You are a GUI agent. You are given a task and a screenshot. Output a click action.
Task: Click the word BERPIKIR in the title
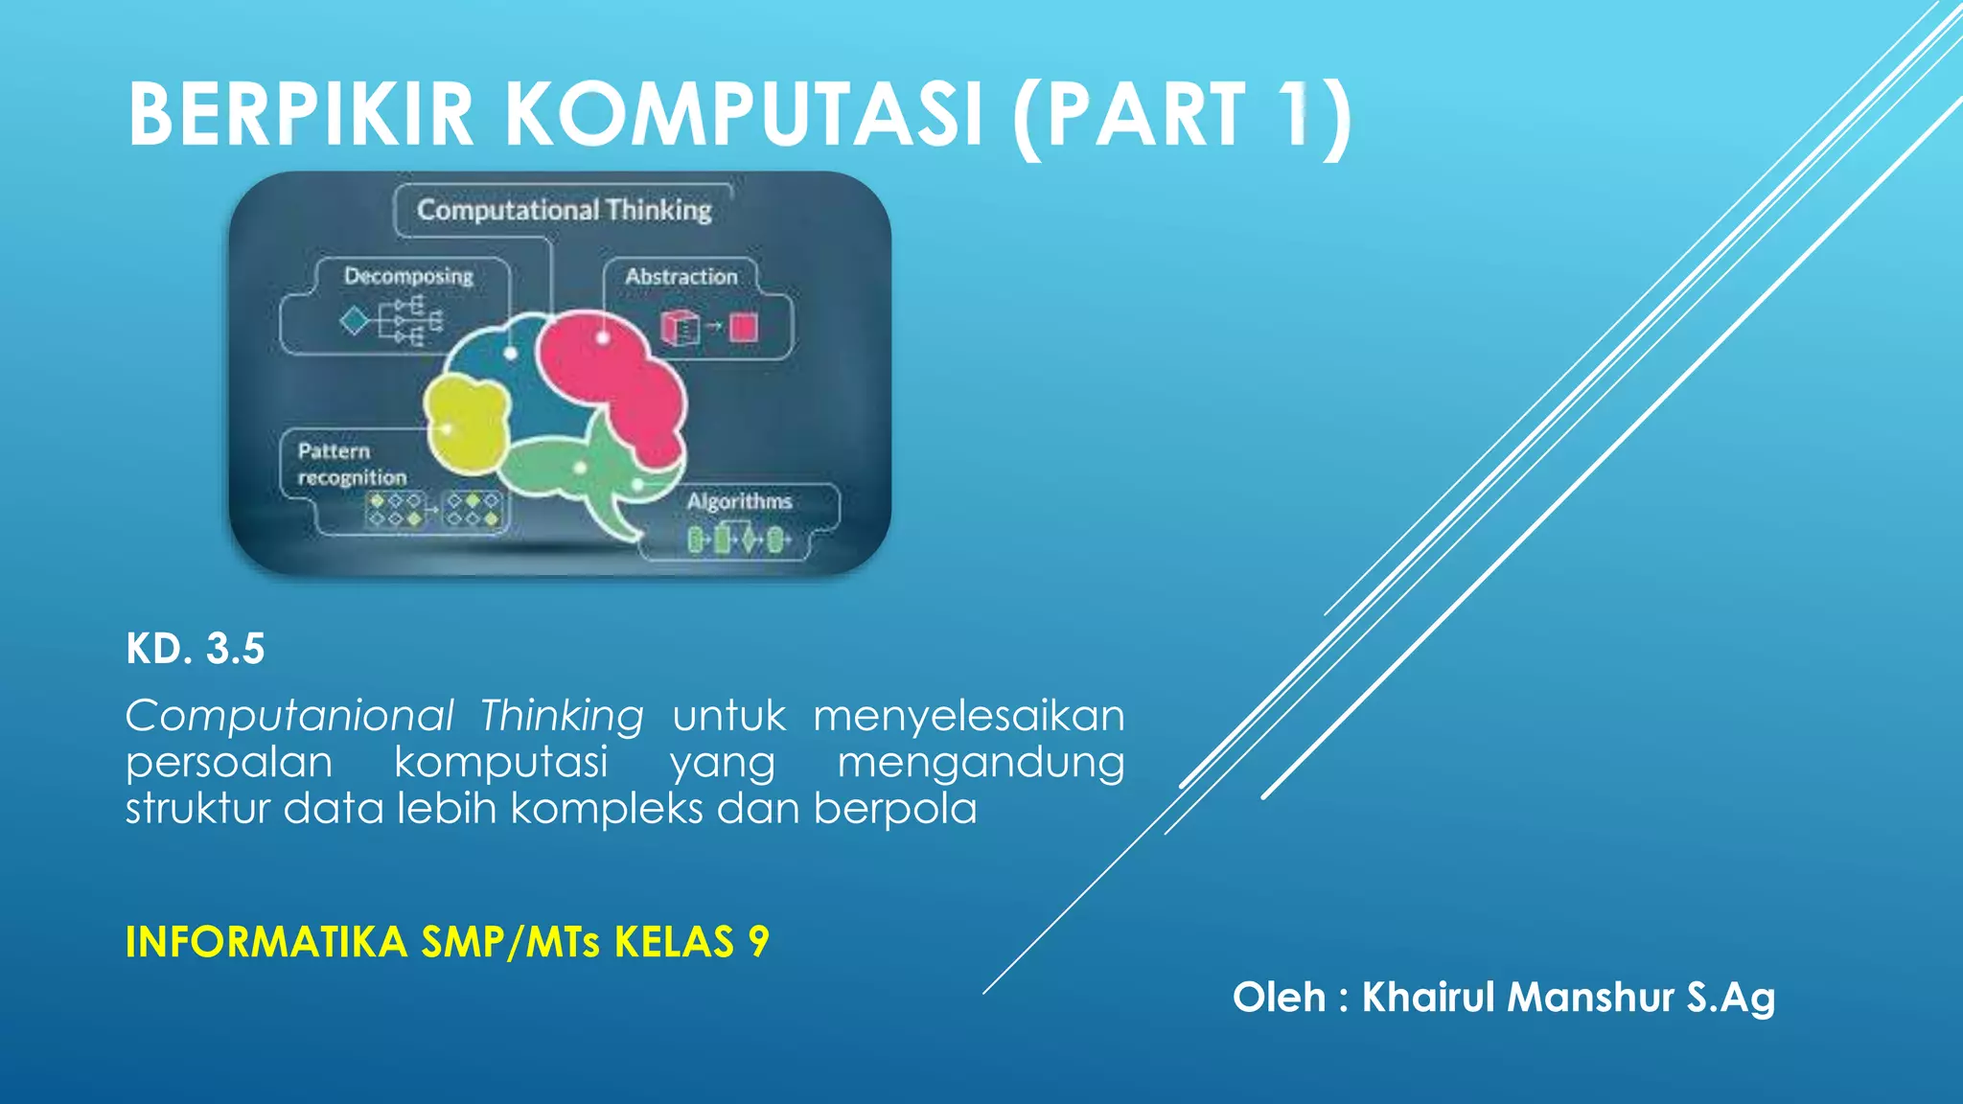point(300,115)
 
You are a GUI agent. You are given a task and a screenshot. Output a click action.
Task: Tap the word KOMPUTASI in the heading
point(744,115)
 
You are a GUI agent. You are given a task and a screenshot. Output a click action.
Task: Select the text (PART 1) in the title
point(1182,117)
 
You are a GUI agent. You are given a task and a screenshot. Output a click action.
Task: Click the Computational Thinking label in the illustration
point(564,210)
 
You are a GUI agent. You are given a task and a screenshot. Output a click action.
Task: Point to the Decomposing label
point(408,276)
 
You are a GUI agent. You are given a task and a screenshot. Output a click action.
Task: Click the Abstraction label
point(681,276)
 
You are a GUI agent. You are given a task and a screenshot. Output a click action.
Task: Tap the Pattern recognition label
point(351,464)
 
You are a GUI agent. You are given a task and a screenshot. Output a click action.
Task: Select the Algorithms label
point(739,501)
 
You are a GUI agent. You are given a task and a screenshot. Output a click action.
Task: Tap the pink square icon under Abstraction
point(743,328)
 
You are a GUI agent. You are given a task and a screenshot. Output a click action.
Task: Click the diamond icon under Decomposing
point(355,320)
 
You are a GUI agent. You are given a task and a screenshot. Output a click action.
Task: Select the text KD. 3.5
point(196,649)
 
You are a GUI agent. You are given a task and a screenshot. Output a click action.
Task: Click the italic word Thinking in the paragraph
point(562,717)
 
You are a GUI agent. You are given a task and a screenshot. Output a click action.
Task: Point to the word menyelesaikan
point(968,717)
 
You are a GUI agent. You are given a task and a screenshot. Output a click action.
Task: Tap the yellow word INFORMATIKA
point(266,942)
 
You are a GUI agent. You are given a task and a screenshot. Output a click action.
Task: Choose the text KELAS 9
point(691,942)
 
